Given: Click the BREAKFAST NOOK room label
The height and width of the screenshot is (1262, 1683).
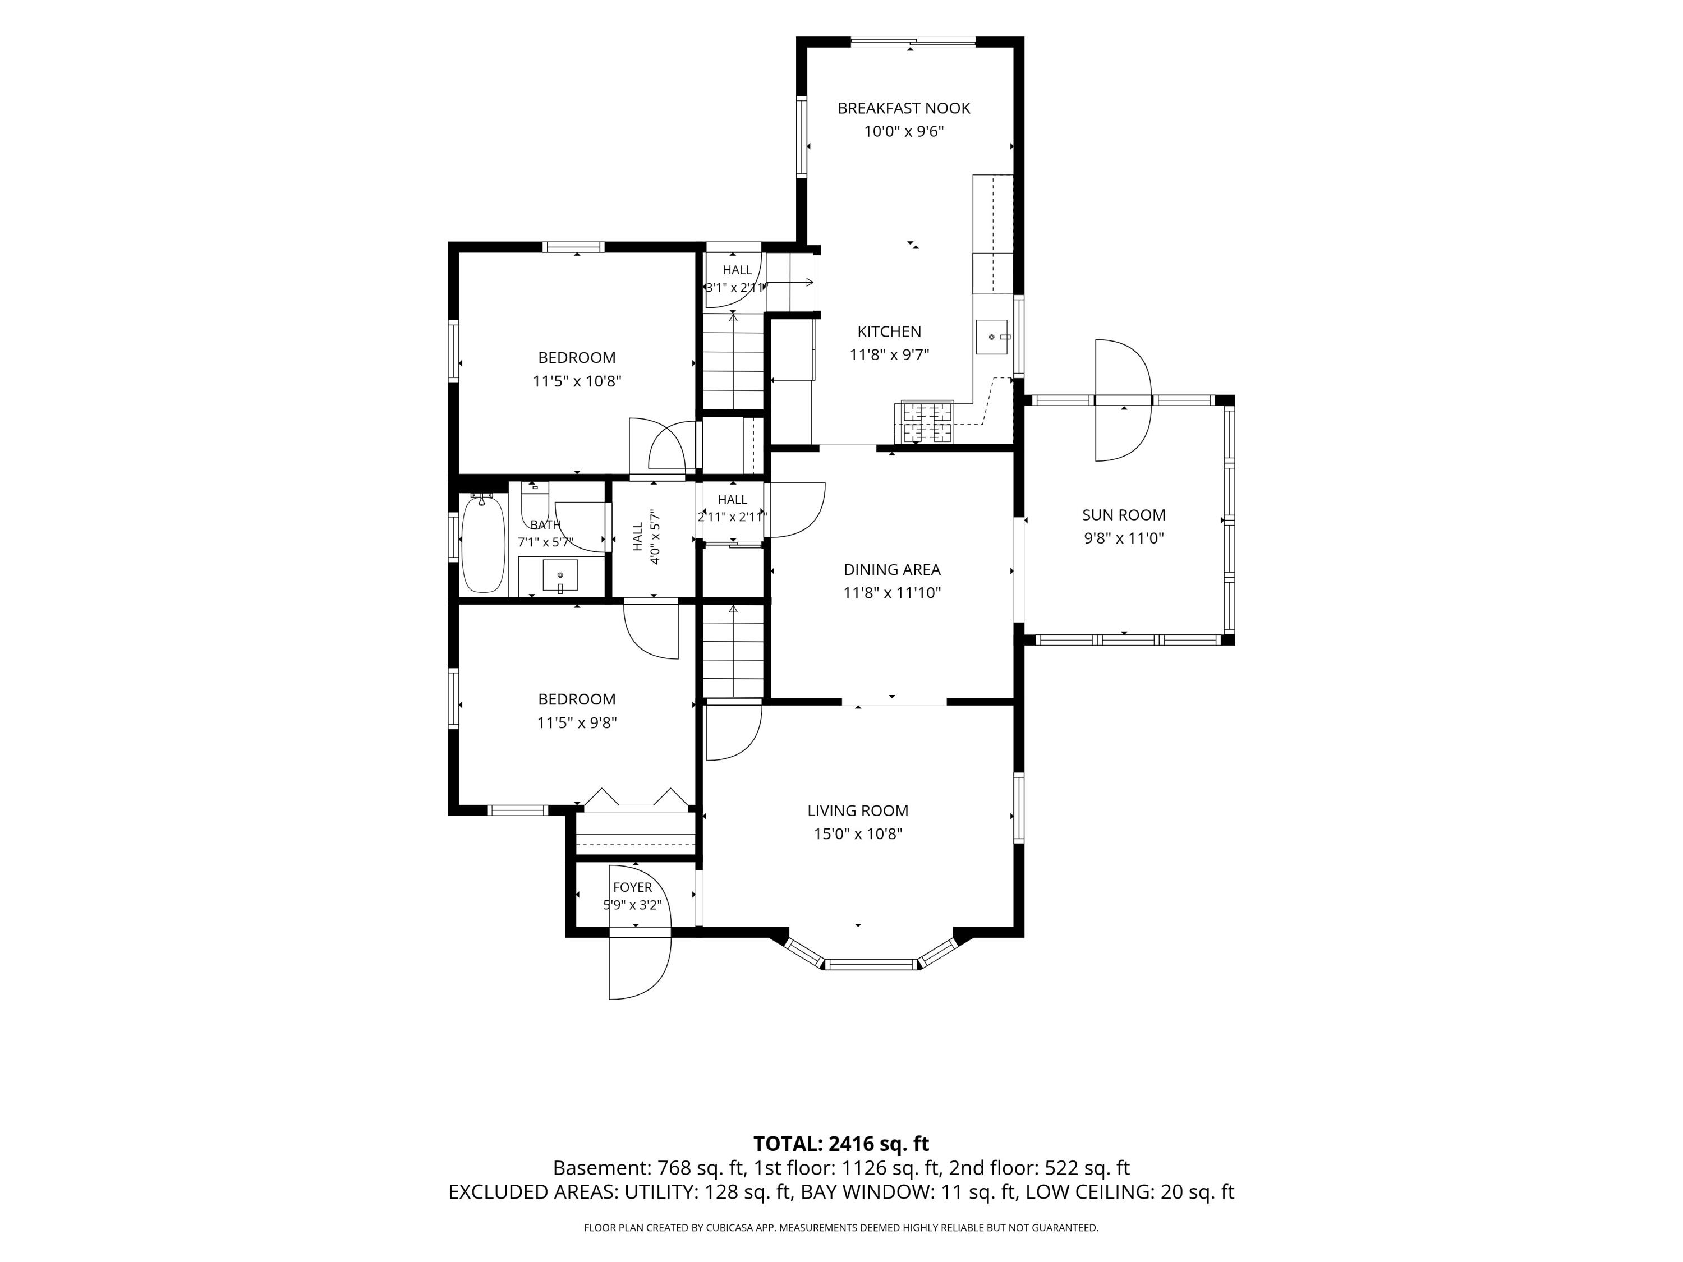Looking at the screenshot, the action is pos(904,108).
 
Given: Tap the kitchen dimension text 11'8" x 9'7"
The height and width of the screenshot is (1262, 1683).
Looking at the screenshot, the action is pos(889,354).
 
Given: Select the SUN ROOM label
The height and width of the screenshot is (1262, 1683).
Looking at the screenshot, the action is pos(1124,515).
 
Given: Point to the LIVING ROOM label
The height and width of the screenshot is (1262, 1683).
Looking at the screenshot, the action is pos(857,811).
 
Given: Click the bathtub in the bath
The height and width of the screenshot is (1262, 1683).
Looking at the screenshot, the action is pos(483,543).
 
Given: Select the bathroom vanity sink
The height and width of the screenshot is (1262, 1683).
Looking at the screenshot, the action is pos(560,576).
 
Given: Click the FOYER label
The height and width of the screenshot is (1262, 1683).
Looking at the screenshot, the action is pos(632,887).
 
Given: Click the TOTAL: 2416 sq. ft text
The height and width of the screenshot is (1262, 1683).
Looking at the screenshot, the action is pos(841,1143).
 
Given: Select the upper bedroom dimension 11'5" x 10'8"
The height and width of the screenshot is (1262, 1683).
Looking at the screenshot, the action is pos(577,381).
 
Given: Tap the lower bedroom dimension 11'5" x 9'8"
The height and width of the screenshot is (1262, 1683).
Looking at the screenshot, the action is pos(577,722).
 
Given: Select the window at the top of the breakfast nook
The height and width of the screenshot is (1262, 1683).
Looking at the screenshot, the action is pos(912,42).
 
